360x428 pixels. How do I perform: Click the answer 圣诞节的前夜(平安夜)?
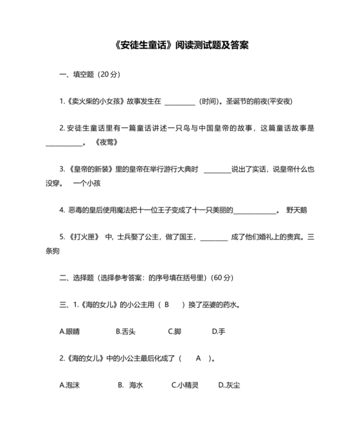tap(259, 102)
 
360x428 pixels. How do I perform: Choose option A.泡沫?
tap(71, 385)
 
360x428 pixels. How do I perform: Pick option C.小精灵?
tap(185, 385)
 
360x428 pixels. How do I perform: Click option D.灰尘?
tap(229, 385)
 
